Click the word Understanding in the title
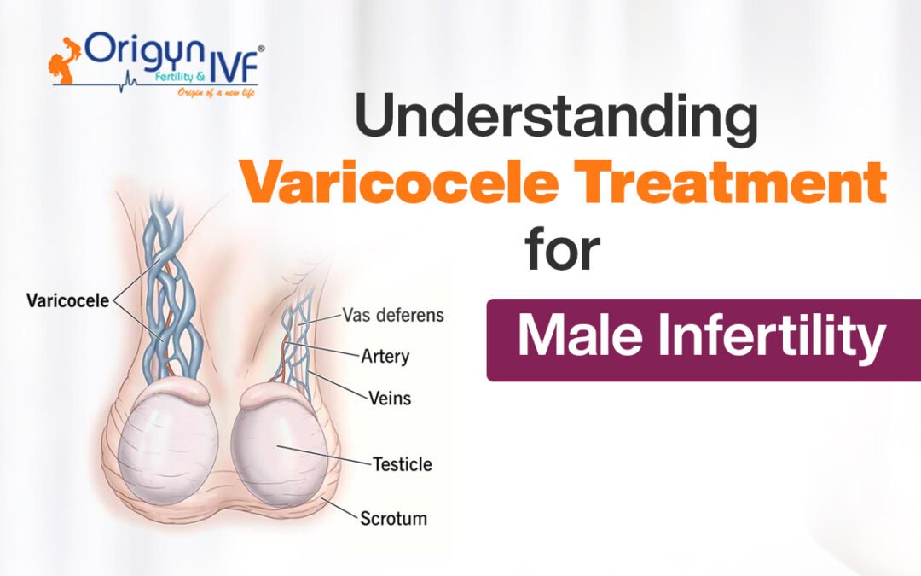coord(556,120)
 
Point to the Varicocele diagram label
coord(67,300)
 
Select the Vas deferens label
coord(393,315)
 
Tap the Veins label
coord(389,398)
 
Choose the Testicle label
coord(402,465)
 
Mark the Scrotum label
coord(393,518)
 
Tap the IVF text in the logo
coord(234,63)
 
